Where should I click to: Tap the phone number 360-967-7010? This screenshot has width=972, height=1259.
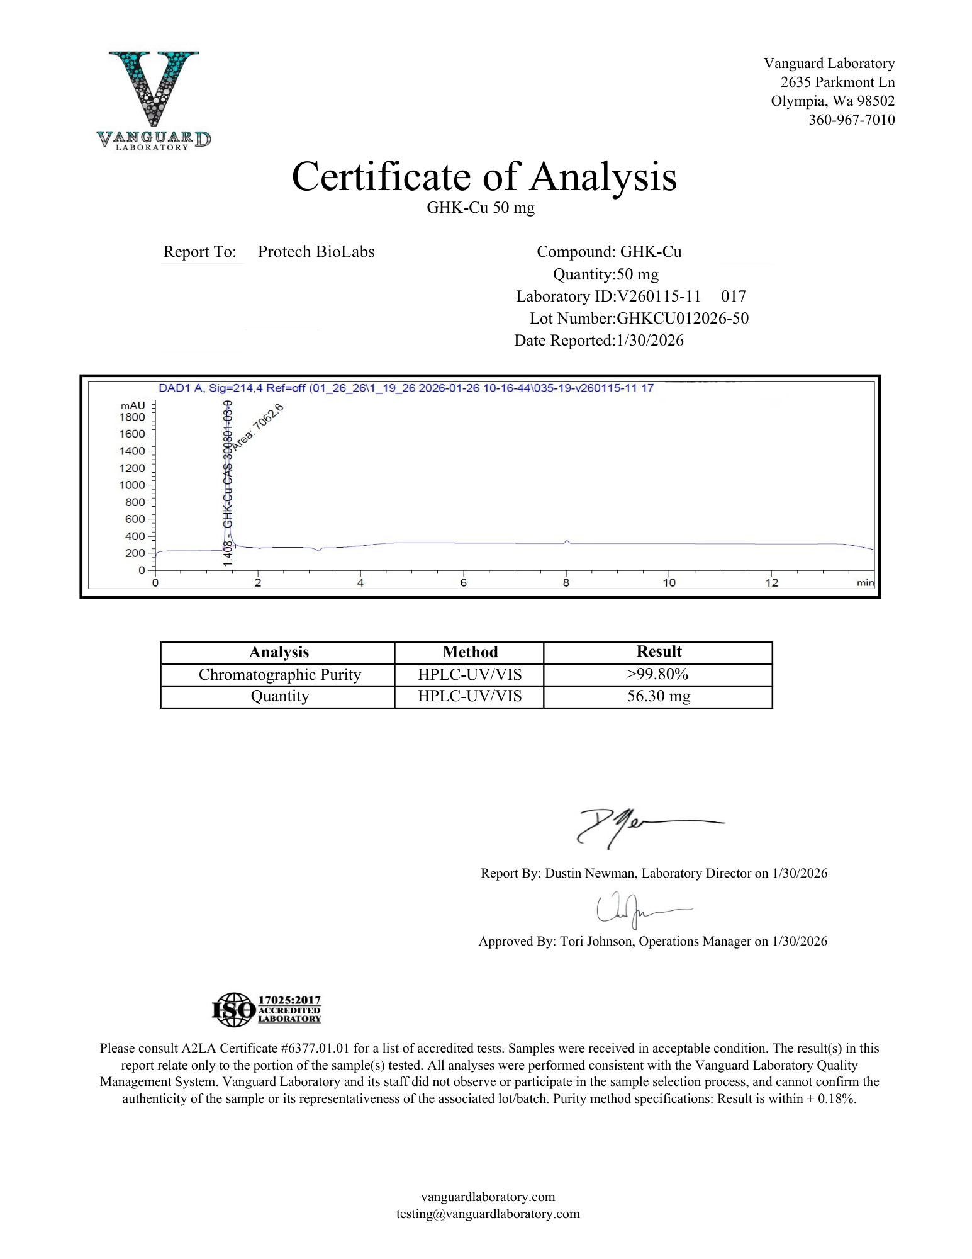coord(851,120)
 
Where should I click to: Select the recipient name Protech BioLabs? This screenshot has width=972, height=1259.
coord(316,252)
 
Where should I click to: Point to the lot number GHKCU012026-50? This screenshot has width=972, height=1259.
coord(683,319)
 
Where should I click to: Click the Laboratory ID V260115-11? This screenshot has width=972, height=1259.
coord(659,296)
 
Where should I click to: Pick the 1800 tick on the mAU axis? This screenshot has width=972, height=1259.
coord(132,417)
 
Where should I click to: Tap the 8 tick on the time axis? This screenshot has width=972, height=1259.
coord(566,582)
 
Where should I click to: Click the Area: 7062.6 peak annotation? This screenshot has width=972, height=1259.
coord(258,426)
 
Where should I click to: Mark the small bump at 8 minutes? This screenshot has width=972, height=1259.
coord(567,541)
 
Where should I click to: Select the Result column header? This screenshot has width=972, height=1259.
coord(659,652)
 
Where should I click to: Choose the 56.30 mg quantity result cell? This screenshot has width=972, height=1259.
coord(658,696)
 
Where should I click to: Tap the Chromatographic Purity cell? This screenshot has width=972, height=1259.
coord(279,675)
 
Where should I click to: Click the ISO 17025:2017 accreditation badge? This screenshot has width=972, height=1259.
coord(266,1010)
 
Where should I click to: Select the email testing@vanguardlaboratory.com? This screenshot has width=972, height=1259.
coord(488,1214)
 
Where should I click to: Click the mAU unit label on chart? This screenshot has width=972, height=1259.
coord(133,405)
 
